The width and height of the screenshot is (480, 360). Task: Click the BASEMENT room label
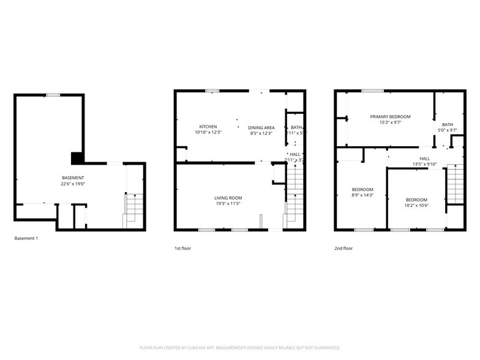pos(72,178)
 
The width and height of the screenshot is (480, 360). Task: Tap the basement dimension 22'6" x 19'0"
pos(72,184)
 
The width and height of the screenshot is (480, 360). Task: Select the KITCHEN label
pos(208,127)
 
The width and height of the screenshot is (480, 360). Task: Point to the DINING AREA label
pos(261,127)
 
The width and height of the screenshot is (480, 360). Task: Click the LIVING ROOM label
pos(228,198)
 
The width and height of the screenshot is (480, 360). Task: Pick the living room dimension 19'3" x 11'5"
pos(228,204)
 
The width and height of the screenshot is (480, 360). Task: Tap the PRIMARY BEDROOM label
pos(390,116)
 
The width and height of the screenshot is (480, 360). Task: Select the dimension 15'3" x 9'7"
pos(390,122)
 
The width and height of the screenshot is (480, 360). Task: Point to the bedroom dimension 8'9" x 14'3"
pos(362,196)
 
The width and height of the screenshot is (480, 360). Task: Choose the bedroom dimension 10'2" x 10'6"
pos(416,206)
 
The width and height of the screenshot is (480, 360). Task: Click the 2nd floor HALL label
pos(424,158)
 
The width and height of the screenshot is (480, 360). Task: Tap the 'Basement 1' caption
pos(26,238)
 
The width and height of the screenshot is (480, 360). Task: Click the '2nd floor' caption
pos(343,249)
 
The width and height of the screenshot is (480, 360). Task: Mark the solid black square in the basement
pos(77,158)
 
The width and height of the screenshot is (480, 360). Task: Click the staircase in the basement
pos(133,208)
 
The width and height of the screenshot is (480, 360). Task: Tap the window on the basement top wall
pos(53,95)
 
